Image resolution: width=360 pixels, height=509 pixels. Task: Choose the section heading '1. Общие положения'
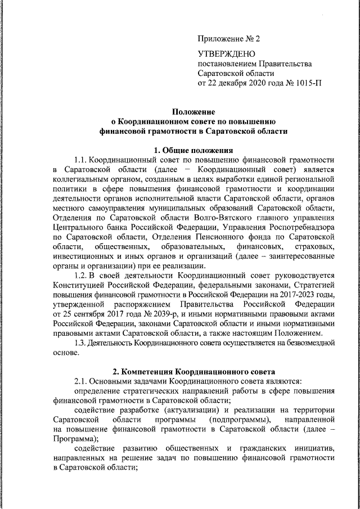click(193, 150)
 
